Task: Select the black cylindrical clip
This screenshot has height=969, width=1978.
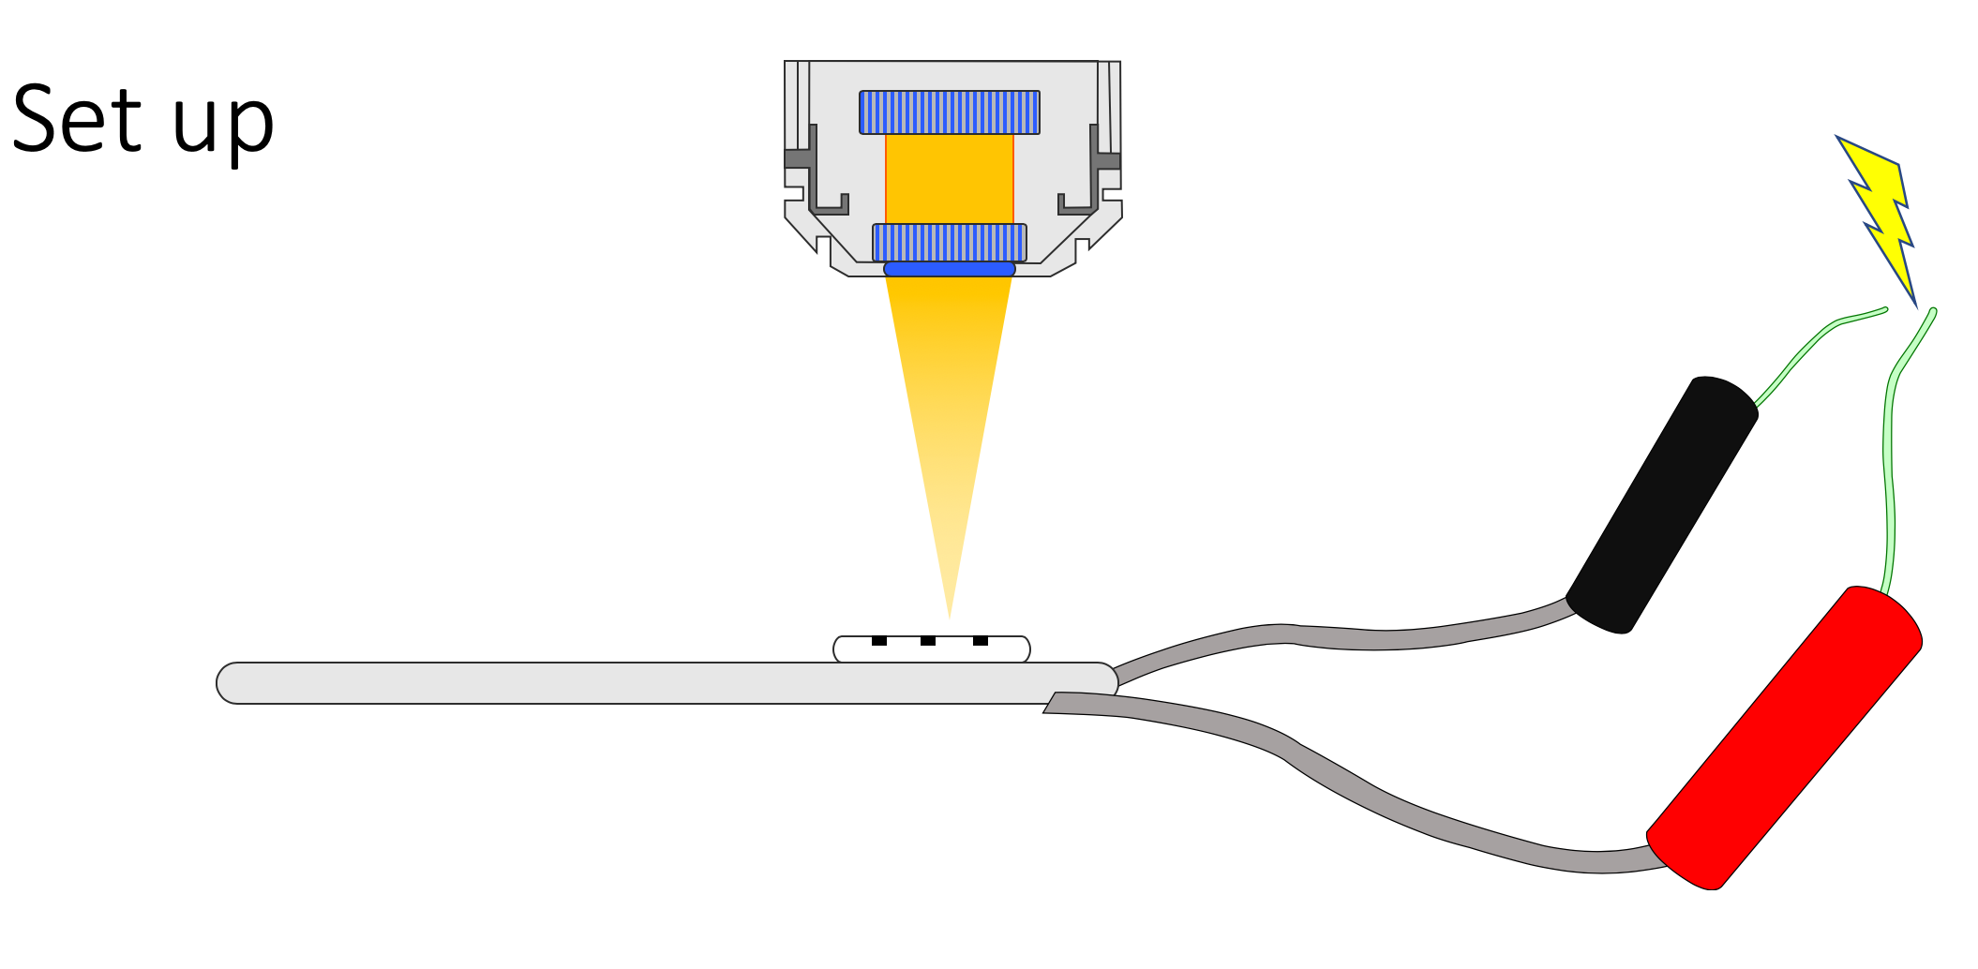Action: (1662, 505)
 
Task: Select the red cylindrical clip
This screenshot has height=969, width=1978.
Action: (1785, 738)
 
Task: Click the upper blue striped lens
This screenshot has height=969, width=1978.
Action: (950, 112)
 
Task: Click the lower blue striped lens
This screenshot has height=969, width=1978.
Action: (950, 243)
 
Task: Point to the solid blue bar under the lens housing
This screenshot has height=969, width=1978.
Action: (950, 269)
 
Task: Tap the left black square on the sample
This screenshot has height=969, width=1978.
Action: (879, 641)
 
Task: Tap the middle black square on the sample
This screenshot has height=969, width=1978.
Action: (928, 641)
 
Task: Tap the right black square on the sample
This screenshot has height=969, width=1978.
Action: (981, 641)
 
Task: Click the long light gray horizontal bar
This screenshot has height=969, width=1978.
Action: (667, 683)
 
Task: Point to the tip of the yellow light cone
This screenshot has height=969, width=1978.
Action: (950, 619)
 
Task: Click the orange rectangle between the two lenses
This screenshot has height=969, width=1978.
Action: (950, 179)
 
